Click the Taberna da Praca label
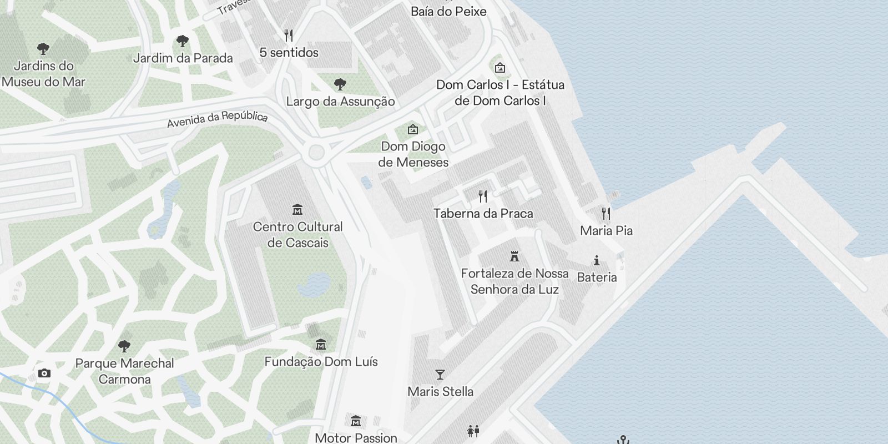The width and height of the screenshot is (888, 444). (x=483, y=214)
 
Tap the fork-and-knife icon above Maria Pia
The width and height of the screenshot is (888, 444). (x=606, y=213)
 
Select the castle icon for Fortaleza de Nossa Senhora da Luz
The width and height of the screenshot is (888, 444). (x=514, y=256)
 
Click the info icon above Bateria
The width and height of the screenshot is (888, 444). (x=597, y=260)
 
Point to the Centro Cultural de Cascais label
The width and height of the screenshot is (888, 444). (x=297, y=234)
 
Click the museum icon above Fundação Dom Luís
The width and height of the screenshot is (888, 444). (x=320, y=345)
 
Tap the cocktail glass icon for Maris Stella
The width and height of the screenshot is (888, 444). (x=440, y=375)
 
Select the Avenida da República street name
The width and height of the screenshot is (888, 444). (x=217, y=118)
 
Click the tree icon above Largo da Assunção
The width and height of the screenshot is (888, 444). (x=340, y=84)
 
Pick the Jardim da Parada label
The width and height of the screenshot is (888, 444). (x=183, y=58)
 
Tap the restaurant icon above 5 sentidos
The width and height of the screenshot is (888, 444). (x=288, y=36)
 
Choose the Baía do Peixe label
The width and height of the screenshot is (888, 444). (x=448, y=11)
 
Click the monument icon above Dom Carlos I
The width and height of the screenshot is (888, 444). (x=500, y=68)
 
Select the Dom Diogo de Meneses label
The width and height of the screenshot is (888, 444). (x=413, y=154)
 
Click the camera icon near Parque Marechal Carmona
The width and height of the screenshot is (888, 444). (x=44, y=374)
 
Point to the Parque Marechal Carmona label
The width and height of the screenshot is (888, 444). (x=124, y=371)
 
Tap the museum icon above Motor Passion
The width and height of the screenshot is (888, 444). (x=356, y=421)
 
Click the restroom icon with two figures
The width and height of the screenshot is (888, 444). (x=473, y=431)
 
